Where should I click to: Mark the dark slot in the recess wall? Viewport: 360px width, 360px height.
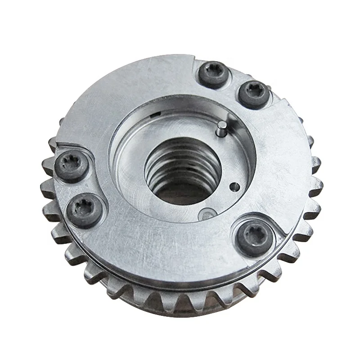(155, 117)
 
